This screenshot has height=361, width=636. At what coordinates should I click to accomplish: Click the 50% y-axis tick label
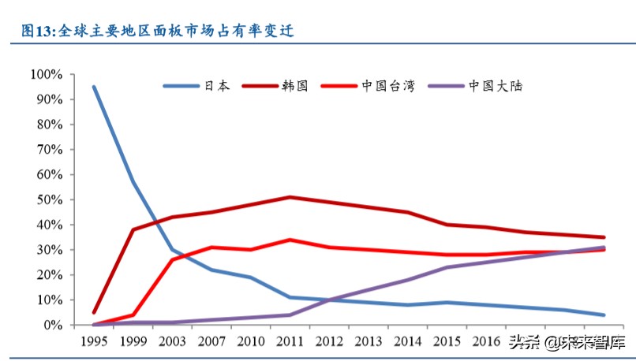coord(49,199)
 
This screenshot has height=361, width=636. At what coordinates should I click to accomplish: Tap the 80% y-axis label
coord(49,125)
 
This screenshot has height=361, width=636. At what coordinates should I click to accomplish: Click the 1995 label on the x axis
coord(94,342)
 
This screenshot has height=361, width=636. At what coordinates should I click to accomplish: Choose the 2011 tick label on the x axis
coord(291,342)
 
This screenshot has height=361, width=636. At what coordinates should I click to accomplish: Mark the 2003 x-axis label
coord(173,342)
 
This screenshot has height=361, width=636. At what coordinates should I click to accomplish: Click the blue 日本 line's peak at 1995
coord(94,87)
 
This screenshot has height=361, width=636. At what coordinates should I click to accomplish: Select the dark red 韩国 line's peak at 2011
coord(291,197)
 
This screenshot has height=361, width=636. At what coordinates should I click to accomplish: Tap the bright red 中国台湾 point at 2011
coord(291,240)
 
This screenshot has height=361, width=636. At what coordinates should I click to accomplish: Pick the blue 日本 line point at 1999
coord(133,182)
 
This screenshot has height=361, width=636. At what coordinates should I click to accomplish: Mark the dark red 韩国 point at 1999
coord(133,229)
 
